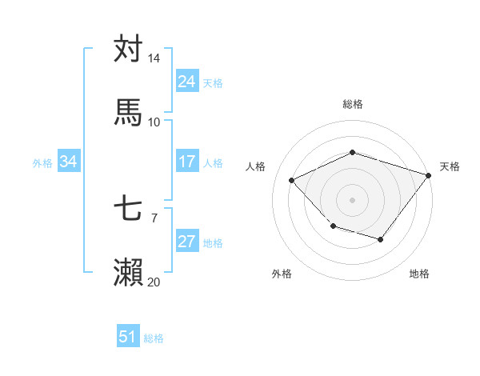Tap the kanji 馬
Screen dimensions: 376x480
[128, 113]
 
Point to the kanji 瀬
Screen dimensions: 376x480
[128, 273]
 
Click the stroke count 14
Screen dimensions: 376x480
[154, 58]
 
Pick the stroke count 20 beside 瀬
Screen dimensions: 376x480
[154, 282]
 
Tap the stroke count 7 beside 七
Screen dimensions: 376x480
[154, 218]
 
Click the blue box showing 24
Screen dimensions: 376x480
[186, 82]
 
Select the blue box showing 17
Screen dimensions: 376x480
[186, 162]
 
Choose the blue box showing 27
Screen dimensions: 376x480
[186, 242]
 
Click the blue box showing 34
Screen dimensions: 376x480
[68, 162]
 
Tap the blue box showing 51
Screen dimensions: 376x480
[128, 337]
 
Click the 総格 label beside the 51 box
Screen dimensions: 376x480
[154, 338]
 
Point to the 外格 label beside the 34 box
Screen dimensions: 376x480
[42, 162]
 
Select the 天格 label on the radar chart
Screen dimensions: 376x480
[450, 166]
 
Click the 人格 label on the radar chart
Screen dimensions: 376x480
[256, 166]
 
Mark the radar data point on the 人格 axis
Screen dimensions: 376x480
[292, 181]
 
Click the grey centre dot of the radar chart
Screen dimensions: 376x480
[352, 200]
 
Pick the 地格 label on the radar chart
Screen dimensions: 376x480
[419, 274]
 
